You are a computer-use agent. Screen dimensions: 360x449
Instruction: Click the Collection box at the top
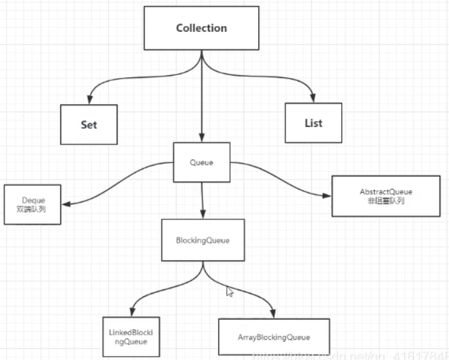[x=201, y=29]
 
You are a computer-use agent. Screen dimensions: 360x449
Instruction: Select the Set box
[x=89, y=124]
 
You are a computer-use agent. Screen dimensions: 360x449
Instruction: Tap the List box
[x=313, y=122]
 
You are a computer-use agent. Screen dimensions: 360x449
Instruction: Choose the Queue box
[x=202, y=161]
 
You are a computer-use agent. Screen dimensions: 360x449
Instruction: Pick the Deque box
[x=32, y=204]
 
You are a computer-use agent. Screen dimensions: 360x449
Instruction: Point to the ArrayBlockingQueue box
[x=274, y=337]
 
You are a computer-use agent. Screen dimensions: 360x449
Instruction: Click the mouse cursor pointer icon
[x=229, y=292]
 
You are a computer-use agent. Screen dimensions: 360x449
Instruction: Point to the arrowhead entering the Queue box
[x=202, y=137]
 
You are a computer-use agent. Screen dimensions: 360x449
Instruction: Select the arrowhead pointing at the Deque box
[x=66, y=204]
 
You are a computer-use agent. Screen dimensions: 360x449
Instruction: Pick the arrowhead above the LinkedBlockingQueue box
[x=132, y=311]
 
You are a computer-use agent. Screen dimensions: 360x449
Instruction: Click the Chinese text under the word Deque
[x=32, y=210]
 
